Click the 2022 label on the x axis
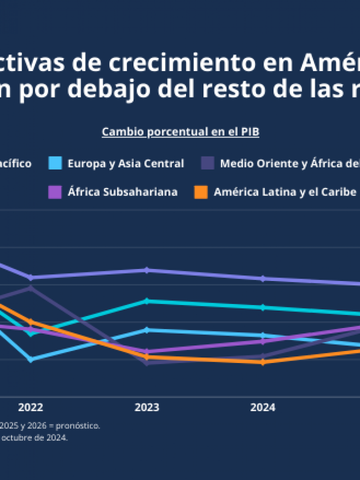(31, 407)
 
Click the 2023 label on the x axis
(146, 407)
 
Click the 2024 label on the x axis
(262, 407)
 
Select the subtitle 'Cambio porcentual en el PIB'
(180, 132)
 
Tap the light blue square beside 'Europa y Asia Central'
(55, 163)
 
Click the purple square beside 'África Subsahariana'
(55, 192)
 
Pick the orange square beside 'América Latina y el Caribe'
(201, 192)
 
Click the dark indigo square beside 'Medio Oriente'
(208, 163)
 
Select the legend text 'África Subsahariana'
(122, 192)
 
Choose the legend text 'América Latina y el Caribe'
(285, 192)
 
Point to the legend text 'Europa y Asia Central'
(125, 163)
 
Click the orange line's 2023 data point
(146, 357)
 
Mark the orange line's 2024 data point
(263, 361)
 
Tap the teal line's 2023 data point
(146, 301)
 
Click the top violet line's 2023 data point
(146, 270)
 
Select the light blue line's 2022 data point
(31, 359)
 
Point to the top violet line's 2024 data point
(263, 278)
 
